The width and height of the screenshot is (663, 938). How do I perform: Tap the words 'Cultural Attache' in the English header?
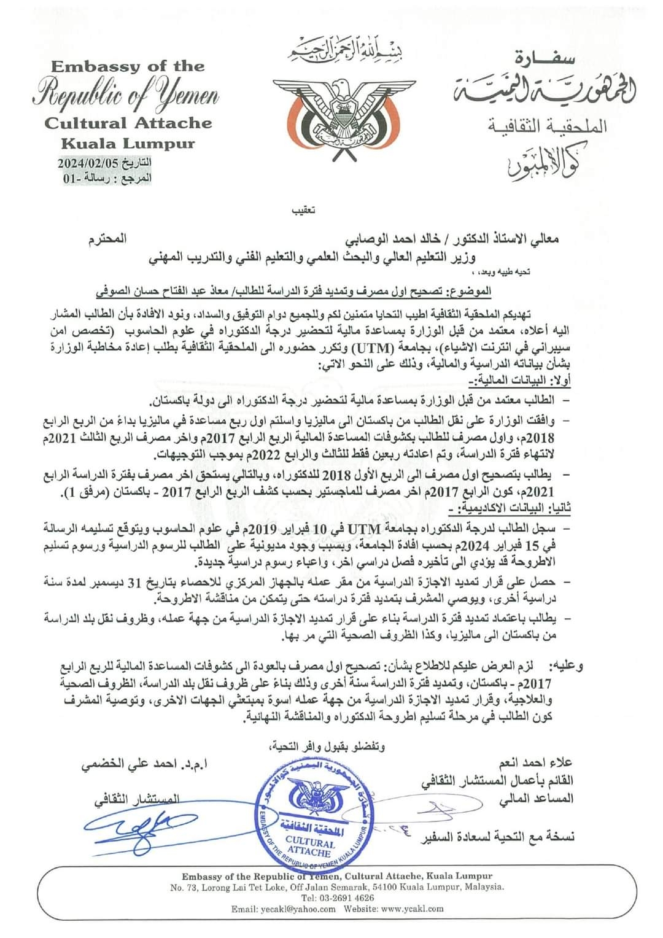pos(128,123)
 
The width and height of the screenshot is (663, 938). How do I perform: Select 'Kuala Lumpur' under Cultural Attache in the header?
pos(127,144)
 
